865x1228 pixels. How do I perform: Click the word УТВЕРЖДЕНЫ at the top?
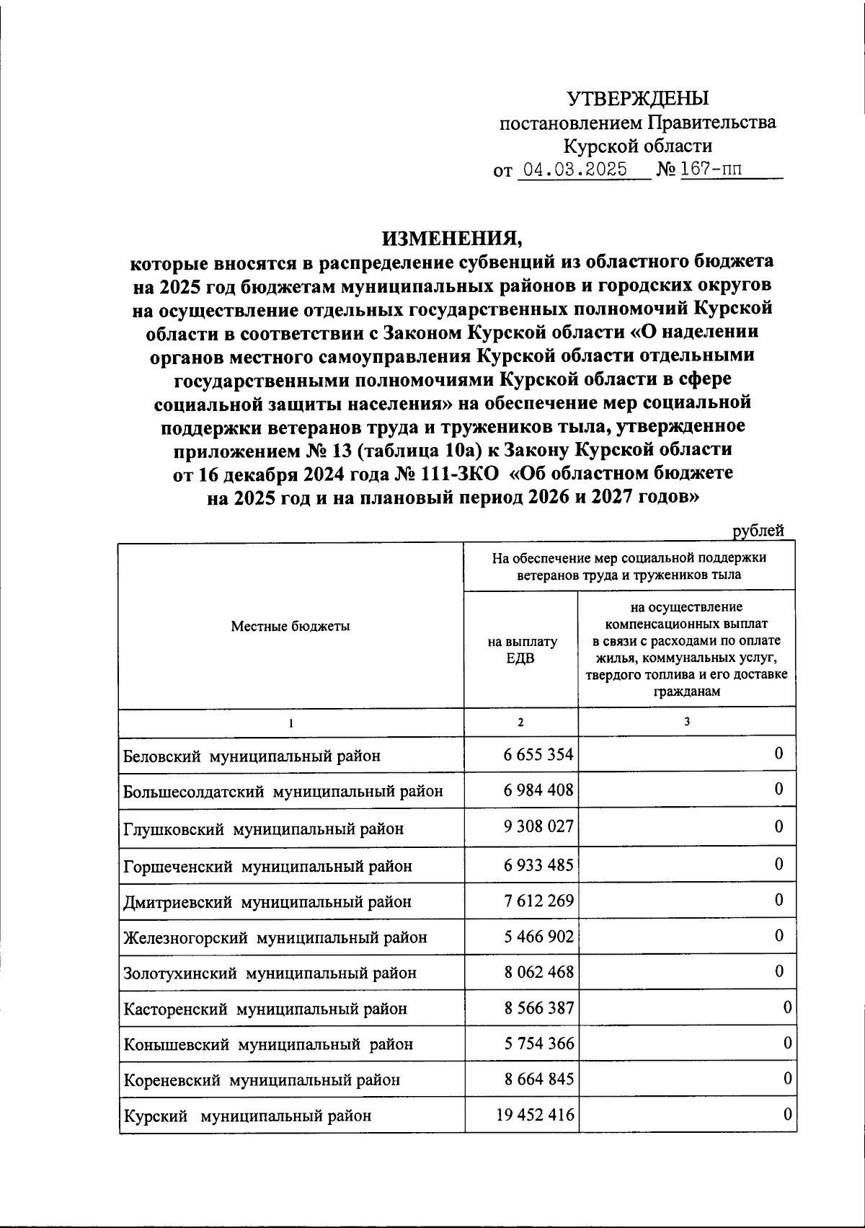638,98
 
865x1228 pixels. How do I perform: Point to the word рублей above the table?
758,531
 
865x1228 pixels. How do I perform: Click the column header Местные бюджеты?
290,627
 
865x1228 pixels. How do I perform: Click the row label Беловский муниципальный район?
252,756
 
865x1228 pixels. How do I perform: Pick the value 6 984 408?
538,790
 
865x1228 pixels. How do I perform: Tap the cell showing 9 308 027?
538,826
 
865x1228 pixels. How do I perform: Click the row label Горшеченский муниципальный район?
267,866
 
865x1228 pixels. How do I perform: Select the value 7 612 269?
538,901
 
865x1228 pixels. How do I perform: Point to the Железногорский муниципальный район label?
275,937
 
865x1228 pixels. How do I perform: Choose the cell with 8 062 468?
538,972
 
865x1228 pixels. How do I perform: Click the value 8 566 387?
538,1007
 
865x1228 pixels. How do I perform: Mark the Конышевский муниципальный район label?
268,1044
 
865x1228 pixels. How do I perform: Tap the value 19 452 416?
535,1116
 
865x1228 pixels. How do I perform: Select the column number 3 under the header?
687,721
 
